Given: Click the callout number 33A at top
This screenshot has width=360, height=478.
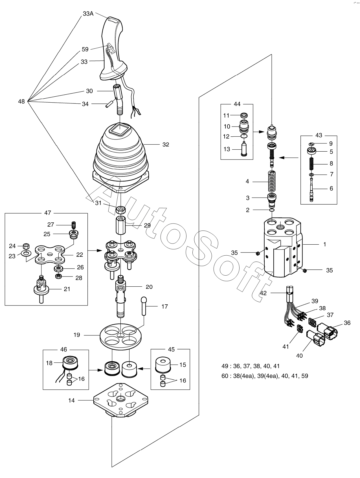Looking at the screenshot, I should point(88,14).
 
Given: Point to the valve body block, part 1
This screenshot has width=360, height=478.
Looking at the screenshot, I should point(282,248).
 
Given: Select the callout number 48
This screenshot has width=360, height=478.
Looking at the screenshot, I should point(21,101).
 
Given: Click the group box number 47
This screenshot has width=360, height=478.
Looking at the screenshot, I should point(47,213).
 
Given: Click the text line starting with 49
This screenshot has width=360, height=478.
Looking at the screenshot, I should point(251,366).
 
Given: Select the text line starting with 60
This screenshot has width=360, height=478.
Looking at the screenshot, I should point(265,376).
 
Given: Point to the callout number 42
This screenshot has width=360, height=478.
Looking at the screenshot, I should point(263,293).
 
